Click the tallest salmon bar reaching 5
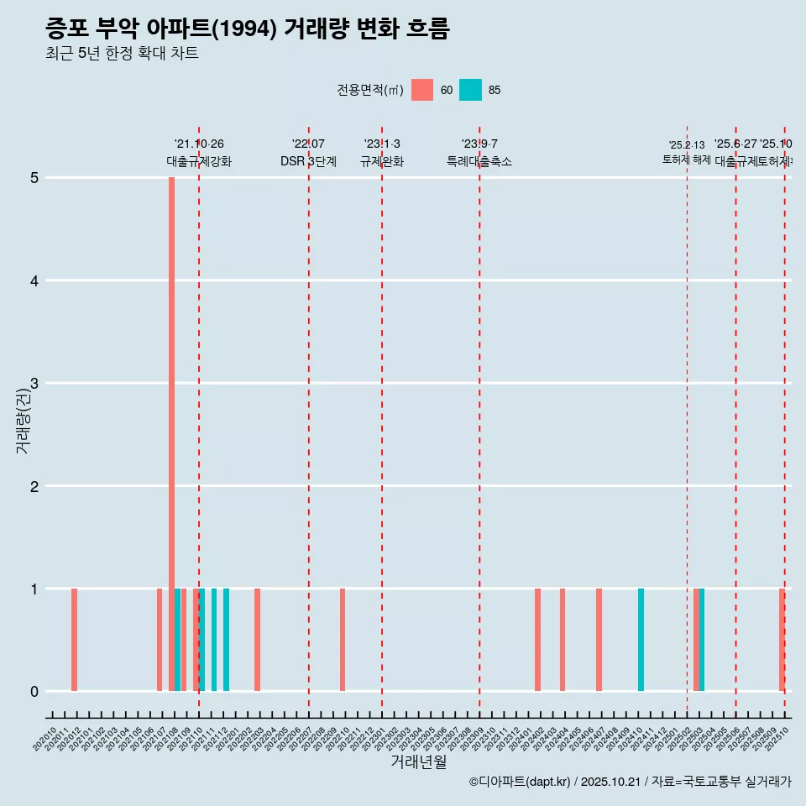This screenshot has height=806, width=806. tap(171, 433)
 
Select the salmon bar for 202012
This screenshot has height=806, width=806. tap(74, 640)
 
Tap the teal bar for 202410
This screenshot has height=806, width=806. tap(641, 640)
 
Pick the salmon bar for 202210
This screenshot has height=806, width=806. tap(343, 640)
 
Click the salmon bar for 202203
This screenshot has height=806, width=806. tap(257, 640)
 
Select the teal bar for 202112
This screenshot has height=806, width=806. tap(226, 640)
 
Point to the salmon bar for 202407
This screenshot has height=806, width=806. tap(599, 640)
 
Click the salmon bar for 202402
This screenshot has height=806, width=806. tap(537, 640)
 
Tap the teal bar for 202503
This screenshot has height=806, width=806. tap(702, 640)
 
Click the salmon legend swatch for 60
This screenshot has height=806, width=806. tap(422, 90)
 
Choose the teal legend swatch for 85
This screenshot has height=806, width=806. tap(470, 90)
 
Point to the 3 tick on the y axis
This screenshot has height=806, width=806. tap(34, 383)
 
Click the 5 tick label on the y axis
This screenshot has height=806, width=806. tap(34, 177)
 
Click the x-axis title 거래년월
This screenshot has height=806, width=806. tap(418, 762)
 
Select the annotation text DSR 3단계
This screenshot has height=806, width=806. tap(308, 161)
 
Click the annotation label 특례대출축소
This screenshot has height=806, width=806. tap(479, 161)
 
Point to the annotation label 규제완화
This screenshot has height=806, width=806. tap(382, 161)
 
